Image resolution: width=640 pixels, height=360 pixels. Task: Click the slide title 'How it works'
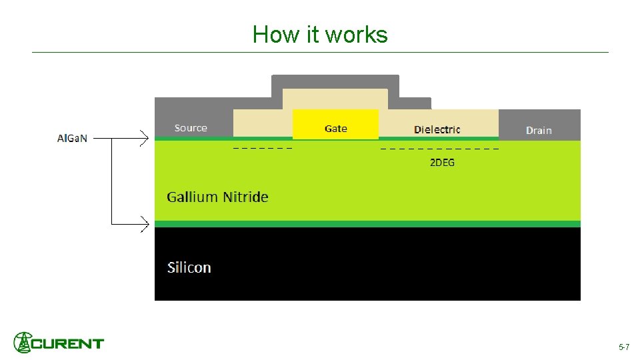(320, 34)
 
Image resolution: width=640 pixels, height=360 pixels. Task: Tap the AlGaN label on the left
(72, 139)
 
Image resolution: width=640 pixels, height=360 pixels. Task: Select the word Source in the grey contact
(191, 128)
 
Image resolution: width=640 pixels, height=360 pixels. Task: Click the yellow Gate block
(335, 125)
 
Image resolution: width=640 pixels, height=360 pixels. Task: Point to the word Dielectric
(437, 129)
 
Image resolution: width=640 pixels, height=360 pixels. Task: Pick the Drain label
(539, 130)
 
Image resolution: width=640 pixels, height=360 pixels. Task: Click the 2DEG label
(442, 162)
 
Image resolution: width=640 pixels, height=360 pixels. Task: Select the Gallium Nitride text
(217, 197)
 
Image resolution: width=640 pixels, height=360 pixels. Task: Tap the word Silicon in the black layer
(189, 267)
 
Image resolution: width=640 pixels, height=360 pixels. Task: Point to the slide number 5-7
(624, 347)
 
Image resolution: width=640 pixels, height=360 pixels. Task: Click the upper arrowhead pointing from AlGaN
(144, 139)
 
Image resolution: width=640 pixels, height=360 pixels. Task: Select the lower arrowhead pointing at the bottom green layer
(144, 225)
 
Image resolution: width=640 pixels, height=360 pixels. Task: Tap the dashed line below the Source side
(263, 147)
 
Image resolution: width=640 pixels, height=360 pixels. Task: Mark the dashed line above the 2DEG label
(439, 148)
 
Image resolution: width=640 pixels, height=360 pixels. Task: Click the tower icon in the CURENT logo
(23, 343)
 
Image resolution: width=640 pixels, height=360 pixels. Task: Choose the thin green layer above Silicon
(367, 224)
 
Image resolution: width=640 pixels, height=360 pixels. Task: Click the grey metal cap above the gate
(335, 81)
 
